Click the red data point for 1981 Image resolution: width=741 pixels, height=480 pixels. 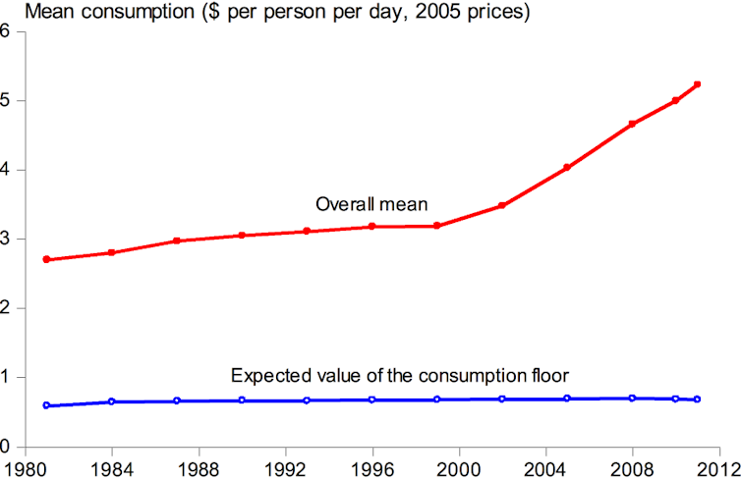[x=47, y=260]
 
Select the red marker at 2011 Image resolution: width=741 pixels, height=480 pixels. [x=697, y=84]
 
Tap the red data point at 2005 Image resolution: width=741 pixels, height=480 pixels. [x=567, y=168]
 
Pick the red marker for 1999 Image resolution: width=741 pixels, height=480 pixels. [x=436, y=226]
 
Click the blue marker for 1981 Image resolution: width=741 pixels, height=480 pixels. [x=47, y=405]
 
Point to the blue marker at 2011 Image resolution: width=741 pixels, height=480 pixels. [x=697, y=400]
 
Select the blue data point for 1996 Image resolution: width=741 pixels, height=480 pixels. [x=371, y=400]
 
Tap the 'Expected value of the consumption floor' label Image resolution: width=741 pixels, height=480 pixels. [x=402, y=375]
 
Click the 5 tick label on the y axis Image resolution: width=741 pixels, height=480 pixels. [x=6, y=100]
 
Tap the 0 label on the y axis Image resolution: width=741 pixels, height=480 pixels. [x=6, y=447]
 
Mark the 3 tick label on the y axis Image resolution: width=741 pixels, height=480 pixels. [x=6, y=239]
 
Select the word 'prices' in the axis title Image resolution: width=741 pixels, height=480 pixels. [x=501, y=13]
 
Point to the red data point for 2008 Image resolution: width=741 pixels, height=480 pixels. [x=632, y=124]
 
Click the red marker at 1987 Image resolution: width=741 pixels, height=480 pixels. [x=177, y=240]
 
